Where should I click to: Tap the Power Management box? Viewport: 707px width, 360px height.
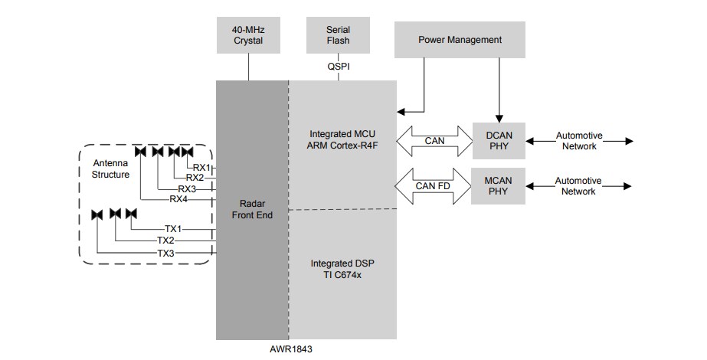click(460, 40)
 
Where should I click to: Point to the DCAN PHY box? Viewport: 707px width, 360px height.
click(499, 140)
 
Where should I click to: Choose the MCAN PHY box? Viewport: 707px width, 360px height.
click(499, 186)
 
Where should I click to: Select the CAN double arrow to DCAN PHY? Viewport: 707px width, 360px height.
click(434, 140)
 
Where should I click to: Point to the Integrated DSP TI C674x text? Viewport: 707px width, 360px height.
click(342, 268)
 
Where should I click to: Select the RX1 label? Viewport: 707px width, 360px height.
click(201, 168)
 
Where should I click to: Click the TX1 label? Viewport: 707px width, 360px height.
click(174, 229)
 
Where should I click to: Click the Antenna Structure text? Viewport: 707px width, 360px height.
click(112, 169)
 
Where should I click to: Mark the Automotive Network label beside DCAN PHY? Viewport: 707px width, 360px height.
click(578, 140)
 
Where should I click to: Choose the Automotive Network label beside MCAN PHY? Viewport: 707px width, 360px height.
click(578, 186)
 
